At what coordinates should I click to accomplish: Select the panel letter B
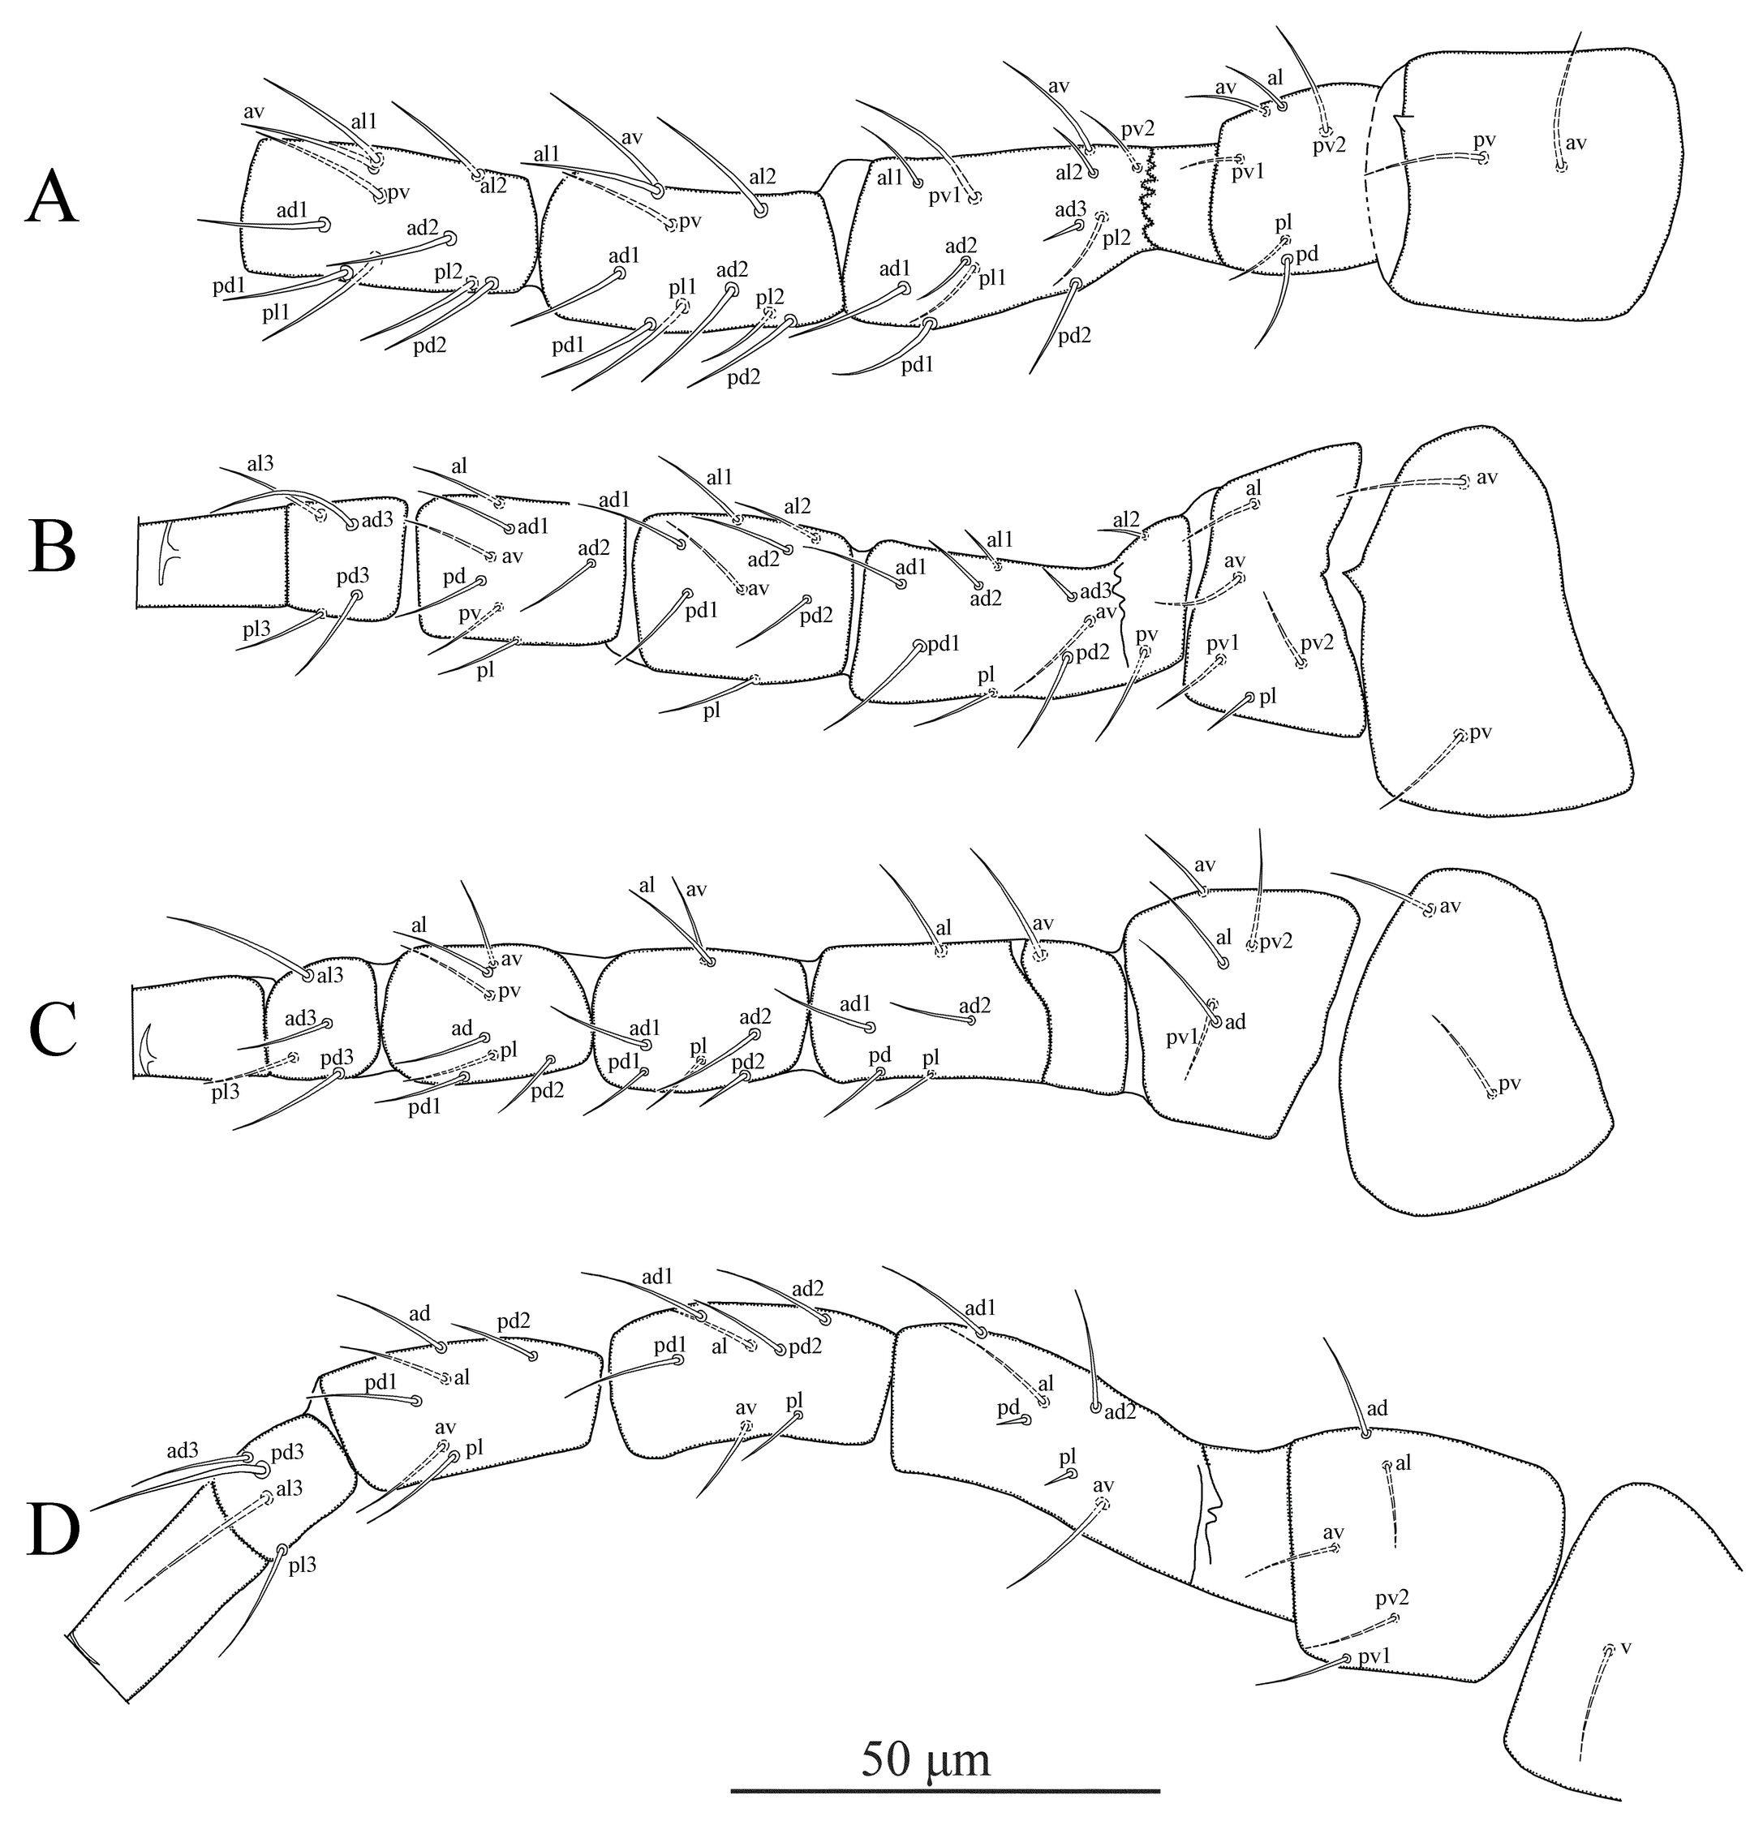[54, 548]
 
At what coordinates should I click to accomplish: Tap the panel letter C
[54, 1029]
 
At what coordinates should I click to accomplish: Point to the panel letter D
[54, 1531]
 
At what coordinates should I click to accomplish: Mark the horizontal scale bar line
[944, 1791]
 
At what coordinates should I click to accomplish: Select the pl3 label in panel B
[257, 629]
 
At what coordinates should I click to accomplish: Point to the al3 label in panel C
[329, 974]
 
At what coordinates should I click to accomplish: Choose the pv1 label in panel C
[1182, 1036]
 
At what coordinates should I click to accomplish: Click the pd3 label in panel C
[337, 1058]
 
